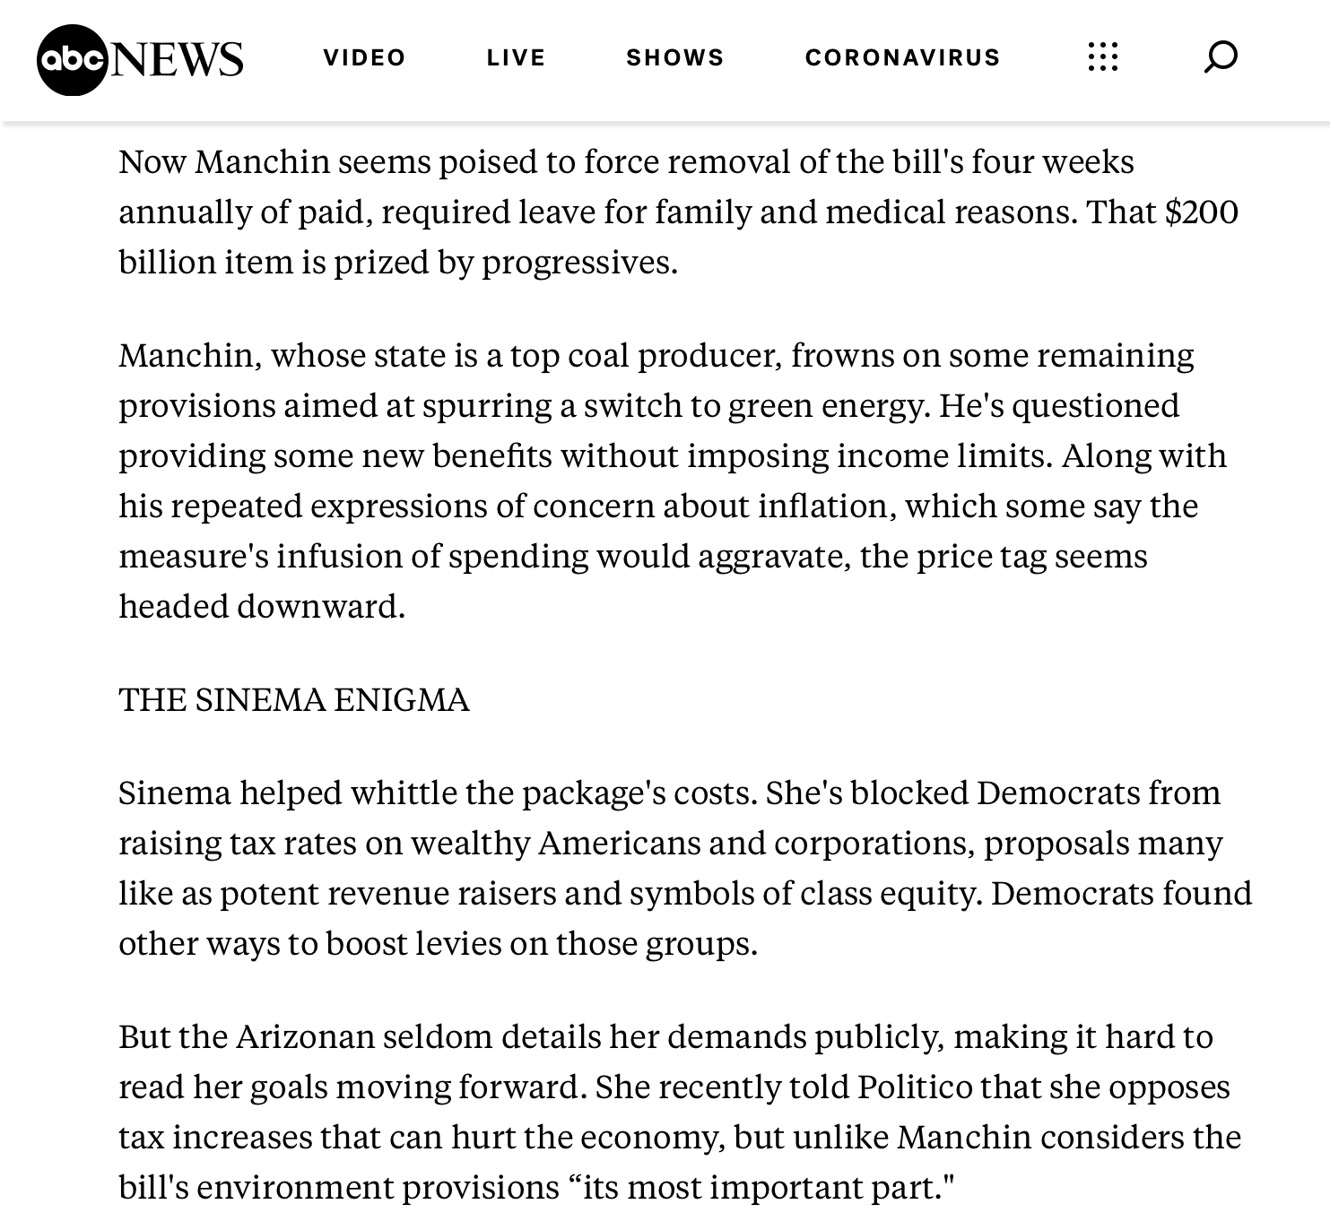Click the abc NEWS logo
(140, 59)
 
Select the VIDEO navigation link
(364, 58)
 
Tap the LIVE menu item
(516, 58)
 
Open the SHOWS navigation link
(674, 58)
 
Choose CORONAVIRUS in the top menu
(902, 58)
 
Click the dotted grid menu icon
(1102, 57)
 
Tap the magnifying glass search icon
(1220, 57)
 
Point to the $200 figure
(1201, 212)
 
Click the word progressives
(578, 263)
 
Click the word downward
(320, 607)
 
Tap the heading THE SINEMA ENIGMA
(294, 700)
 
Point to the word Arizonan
(306, 1037)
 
